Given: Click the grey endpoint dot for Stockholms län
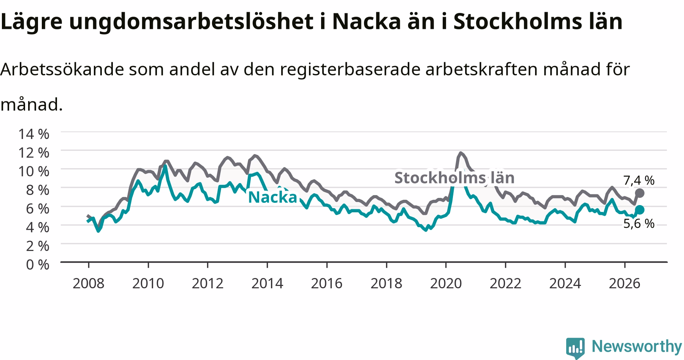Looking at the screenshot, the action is point(640,193).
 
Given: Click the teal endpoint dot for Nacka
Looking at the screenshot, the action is point(640,210).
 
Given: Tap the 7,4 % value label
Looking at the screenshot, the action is point(639,180).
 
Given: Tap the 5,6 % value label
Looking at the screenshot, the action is point(639,224).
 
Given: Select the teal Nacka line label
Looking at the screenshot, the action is point(272,197).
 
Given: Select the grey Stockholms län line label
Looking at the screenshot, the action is point(454,177).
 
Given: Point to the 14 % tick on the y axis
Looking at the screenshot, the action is point(33,134).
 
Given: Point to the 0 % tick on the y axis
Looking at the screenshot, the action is point(38,264).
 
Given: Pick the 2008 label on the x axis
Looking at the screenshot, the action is point(88,283).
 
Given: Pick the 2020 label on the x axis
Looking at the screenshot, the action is point(446,283).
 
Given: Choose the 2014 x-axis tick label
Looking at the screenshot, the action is point(267,283).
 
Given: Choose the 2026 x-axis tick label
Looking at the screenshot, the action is point(625,283).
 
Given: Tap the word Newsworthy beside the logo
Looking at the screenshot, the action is point(637,346).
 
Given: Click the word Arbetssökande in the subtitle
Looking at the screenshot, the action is point(62,69).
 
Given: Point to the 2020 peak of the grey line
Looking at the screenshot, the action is point(461,153).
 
